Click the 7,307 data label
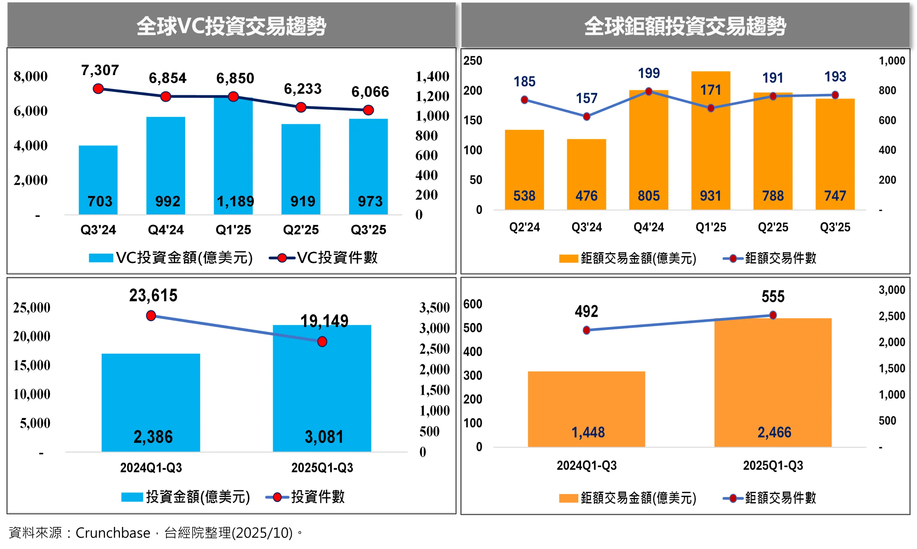coord(100,70)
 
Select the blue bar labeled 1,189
coord(233,155)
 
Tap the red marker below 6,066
coord(368,110)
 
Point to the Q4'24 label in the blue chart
coord(166,230)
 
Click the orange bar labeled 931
coord(711,148)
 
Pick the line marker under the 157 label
coord(586,117)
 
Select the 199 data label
coord(649,73)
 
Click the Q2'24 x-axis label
coord(524,227)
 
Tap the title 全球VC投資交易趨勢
coord(231,26)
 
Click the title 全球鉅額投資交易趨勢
coord(685,26)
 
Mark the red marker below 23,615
coord(151,316)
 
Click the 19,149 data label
coord(324,321)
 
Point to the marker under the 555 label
coord(773,315)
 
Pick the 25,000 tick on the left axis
coord(32,308)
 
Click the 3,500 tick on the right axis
coord(434,308)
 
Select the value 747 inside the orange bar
coord(835,196)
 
